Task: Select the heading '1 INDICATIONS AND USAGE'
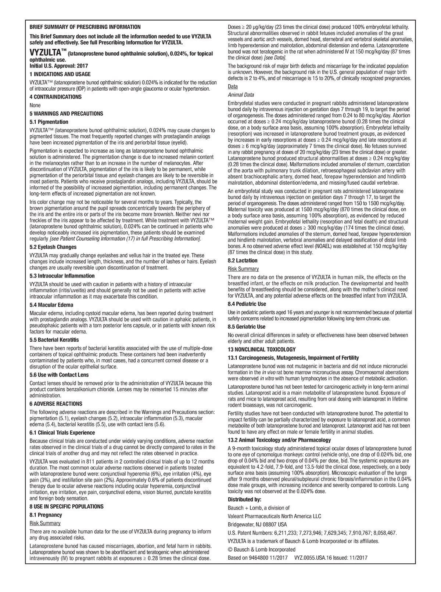(x=60, y=75)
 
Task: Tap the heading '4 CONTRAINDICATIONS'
(x=55, y=97)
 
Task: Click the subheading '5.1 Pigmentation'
(x=49, y=122)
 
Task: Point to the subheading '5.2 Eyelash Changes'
(x=53, y=247)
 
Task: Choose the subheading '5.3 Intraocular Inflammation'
(x=62, y=276)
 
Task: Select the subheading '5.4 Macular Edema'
(x=51, y=305)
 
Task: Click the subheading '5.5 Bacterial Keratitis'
(x=54, y=340)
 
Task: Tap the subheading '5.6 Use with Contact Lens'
(x=59, y=375)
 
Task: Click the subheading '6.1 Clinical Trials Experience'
(x=62, y=433)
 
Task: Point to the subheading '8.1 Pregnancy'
(x=46, y=515)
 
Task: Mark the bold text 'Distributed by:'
(x=244, y=500)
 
